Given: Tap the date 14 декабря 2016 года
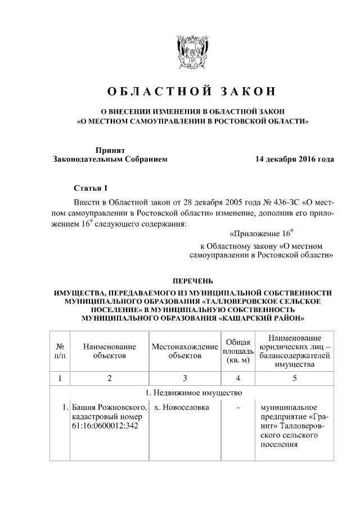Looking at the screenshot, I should (294, 159).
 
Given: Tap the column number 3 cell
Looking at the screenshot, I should (184, 378).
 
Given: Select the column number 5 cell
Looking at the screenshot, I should (294, 378).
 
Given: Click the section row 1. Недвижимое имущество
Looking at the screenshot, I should (192, 392).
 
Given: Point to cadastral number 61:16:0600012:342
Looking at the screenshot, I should (105, 425).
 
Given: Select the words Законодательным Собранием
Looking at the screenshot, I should (110, 160).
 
